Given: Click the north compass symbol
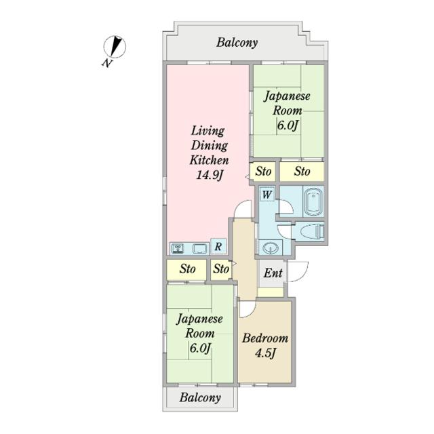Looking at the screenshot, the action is [x=115, y=47].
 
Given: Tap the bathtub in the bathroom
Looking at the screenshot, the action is [x=313, y=201].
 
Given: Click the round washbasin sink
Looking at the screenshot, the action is [x=270, y=247].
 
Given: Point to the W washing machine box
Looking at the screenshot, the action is [x=267, y=195].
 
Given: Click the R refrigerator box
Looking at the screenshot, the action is [x=218, y=246].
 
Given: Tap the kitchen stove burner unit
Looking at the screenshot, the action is [x=178, y=248].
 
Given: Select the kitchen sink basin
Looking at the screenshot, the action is [x=201, y=248].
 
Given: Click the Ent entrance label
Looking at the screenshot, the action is [x=273, y=273].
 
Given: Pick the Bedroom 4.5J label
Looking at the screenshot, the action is [x=265, y=346].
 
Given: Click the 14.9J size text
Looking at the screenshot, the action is [x=210, y=175].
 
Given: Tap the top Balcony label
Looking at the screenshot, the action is [x=237, y=43].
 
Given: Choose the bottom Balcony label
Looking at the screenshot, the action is [x=200, y=398].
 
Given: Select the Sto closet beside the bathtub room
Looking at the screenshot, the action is [x=302, y=172].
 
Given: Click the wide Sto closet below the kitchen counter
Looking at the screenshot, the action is [x=187, y=269].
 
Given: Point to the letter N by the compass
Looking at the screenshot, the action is [x=107, y=63].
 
